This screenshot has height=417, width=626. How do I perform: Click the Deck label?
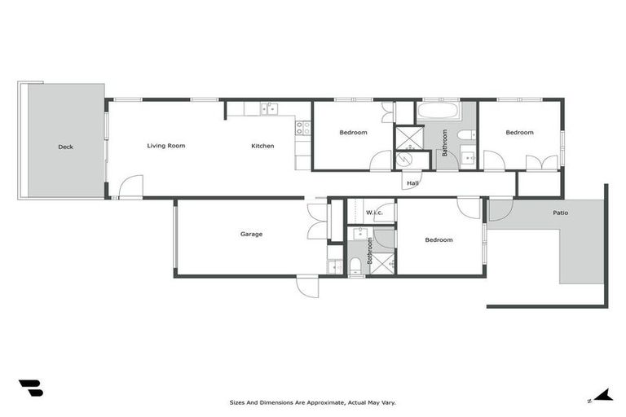(65, 147)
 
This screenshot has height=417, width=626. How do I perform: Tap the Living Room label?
(165, 146)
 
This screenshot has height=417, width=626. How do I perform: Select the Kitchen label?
(262, 146)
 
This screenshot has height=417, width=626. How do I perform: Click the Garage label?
(251, 234)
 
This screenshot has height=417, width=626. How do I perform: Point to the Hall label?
(413, 184)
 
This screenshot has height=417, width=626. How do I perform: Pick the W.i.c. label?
(374, 213)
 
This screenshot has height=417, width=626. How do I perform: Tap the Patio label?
(560, 213)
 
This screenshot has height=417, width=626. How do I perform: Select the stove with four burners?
(302, 128)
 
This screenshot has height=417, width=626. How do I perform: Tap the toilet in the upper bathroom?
(465, 134)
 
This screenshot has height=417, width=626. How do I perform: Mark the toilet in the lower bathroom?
(355, 264)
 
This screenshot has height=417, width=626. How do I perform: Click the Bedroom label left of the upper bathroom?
(353, 132)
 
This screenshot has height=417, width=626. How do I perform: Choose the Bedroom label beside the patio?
(439, 239)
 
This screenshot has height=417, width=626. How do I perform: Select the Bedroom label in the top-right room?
(519, 132)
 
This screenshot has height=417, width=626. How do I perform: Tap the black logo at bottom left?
(30, 388)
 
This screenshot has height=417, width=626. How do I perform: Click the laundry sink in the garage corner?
(335, 266)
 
